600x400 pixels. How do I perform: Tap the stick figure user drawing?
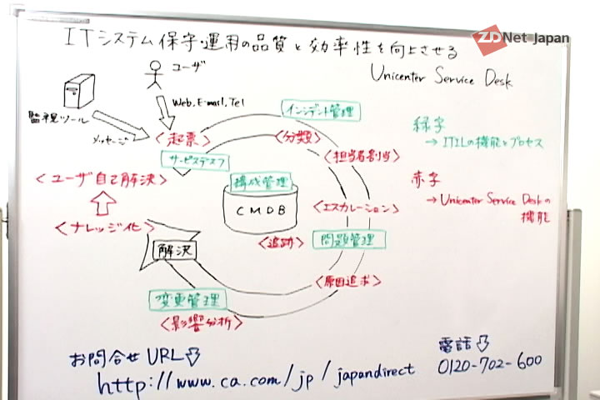(152, 75)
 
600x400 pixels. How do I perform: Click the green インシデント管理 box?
(319, 111)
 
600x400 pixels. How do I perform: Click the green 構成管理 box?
(261, 181)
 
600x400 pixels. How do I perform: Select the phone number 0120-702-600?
(489, 362)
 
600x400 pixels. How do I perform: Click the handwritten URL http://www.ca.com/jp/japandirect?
(255, 380)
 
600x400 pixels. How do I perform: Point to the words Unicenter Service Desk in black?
(442, 77)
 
